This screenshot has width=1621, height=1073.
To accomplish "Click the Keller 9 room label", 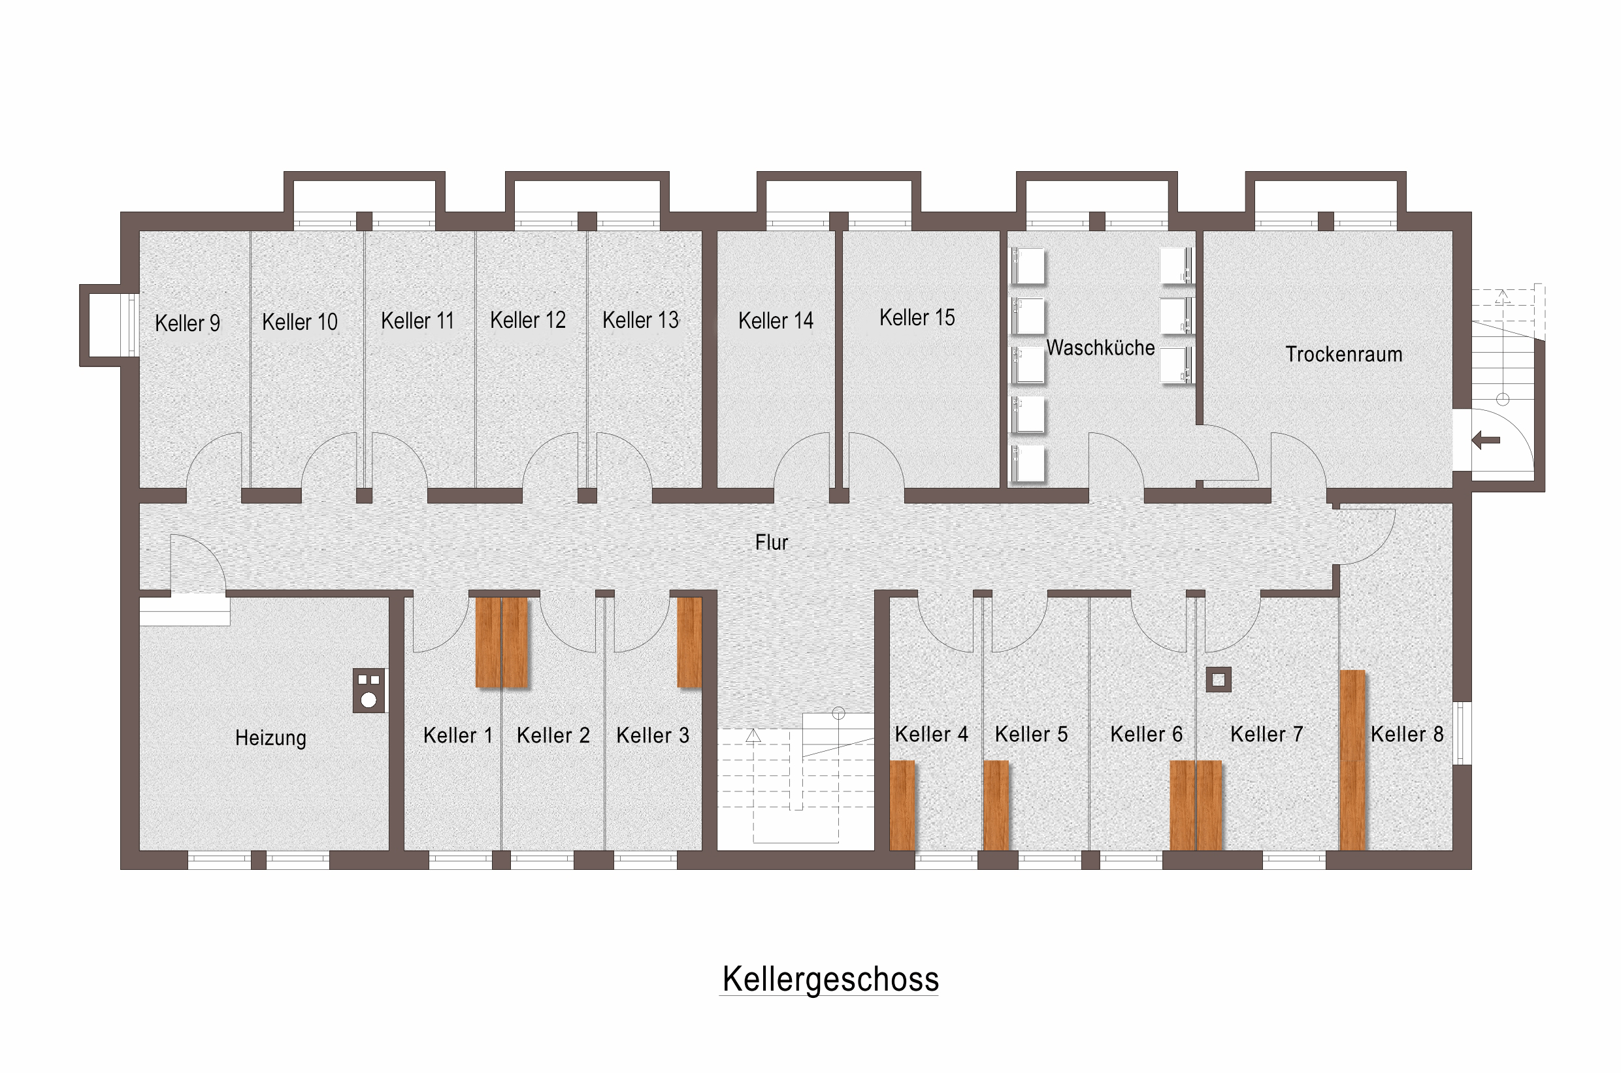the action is click(188, 323).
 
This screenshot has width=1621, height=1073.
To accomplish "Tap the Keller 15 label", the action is click(917, 317).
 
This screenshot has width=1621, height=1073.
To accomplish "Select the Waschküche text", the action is click(1100, 347).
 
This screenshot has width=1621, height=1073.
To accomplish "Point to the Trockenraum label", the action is click(1343, 355).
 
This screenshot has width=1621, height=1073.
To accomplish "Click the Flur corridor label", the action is click(772, 543).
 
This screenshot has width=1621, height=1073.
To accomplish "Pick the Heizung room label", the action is click(270, 738).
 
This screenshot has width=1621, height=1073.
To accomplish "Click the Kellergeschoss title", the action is click(830, 979).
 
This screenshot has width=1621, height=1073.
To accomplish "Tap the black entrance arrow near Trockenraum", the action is click(1486, 440).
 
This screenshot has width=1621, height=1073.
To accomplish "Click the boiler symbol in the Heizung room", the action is click(369, 690).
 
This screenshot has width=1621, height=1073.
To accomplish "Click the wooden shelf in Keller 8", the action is click(1352, 760).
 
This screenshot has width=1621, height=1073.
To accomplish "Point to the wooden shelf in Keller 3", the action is click(689, 643).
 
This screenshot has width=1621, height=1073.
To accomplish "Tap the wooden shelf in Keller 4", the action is click(902, 805).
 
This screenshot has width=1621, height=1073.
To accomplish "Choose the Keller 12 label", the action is click(528, 319).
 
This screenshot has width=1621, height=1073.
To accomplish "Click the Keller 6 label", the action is click(1146, 734).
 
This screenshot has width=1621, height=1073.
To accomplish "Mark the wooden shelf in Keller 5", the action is click(996, 805).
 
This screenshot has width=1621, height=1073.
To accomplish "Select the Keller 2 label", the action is click(553, 735).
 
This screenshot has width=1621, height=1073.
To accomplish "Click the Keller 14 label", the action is click(776, 320).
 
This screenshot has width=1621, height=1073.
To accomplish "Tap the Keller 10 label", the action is click(300, 321).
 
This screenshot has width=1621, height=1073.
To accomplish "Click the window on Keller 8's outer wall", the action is click(1462, 733).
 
